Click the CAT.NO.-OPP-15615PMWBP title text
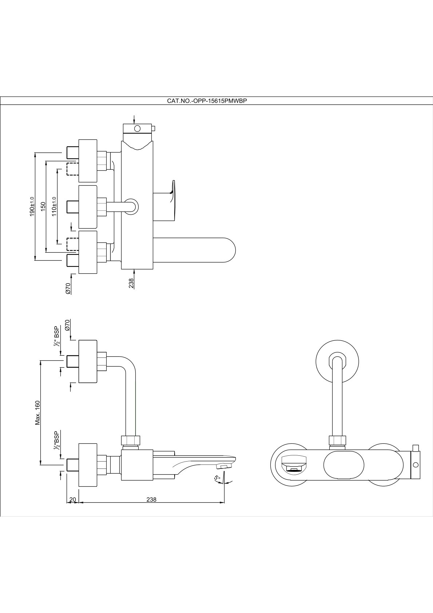[207, 101]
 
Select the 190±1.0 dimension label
[32, 206]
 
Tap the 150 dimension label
[43, 206]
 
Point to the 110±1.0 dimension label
[54, 206]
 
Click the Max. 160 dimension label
[37, 412]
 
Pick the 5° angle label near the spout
[217, 478]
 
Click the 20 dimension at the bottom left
[72, 499]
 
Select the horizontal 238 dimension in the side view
[151, 499]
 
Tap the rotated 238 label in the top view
[131, 283]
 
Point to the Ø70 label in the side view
[67, 325]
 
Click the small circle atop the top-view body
[137, 128]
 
